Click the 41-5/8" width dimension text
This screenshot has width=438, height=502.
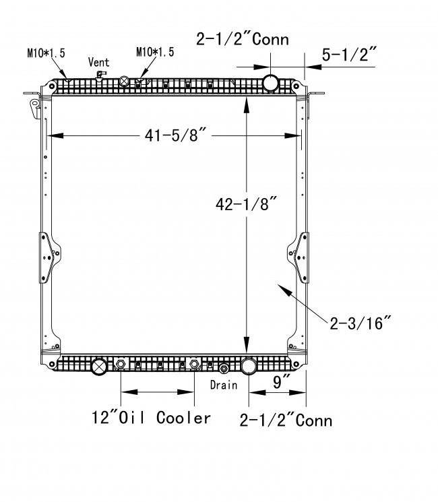pyautogui.click(x=175, y=135)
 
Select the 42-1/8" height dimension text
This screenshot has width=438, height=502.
pyautogui.click(x=246, y=203)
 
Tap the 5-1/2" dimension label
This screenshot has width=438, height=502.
pyautogui.click(x=349, y=54)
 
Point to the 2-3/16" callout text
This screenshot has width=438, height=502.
pyautogui.click(x=361, y=323)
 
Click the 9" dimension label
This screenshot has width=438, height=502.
pyautogui.click(x=281, y=381)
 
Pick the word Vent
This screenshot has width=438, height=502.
pyautogui.click(x=98, y=62)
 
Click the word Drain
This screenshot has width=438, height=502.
pyautogui.click(x=224, y=385)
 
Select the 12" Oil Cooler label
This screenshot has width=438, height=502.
pyautogui.click(x=151, y=418)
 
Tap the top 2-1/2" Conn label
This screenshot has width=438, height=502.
pyautogui.click(x=243, y=39)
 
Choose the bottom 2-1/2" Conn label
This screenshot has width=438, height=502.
pyautogui.click(x=286, y=420)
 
